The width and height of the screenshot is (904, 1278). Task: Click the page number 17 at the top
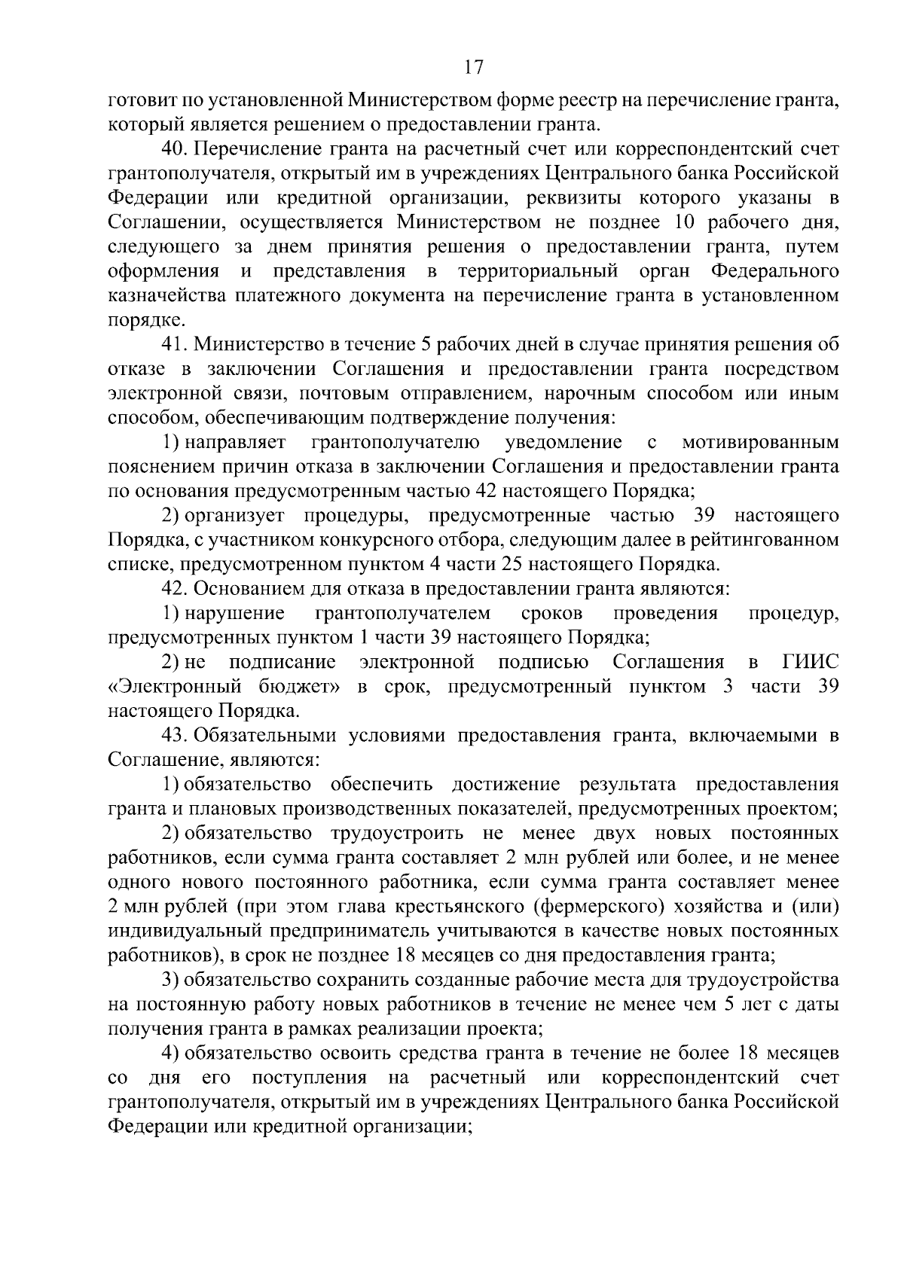(473, 68)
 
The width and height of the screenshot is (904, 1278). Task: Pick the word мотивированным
(759, 442)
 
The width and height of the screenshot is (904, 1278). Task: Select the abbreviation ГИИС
(810, 663)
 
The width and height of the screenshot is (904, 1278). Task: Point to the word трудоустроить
(396, 834)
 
